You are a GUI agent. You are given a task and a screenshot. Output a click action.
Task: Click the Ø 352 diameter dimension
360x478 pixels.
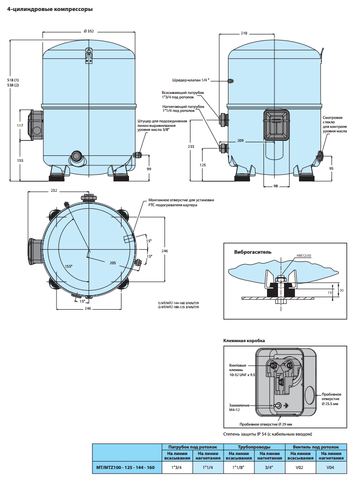[89, 31]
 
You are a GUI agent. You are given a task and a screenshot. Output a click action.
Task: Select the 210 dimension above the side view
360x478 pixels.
[243, 33]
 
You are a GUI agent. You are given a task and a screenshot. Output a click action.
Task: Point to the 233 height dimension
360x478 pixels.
[191, 146]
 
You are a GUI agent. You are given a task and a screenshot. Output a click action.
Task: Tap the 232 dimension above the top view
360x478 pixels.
[54, 191]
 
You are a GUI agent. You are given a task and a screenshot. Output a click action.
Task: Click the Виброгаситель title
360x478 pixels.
[253, 252]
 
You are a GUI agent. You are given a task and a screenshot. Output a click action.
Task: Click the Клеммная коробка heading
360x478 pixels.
[244, 341]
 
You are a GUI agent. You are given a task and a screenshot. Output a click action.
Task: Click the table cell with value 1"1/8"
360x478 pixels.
[239, 468]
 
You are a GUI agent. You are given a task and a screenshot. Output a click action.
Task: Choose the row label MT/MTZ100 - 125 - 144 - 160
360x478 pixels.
[125, 468]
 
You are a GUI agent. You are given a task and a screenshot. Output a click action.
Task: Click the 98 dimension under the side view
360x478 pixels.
[275, 186]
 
